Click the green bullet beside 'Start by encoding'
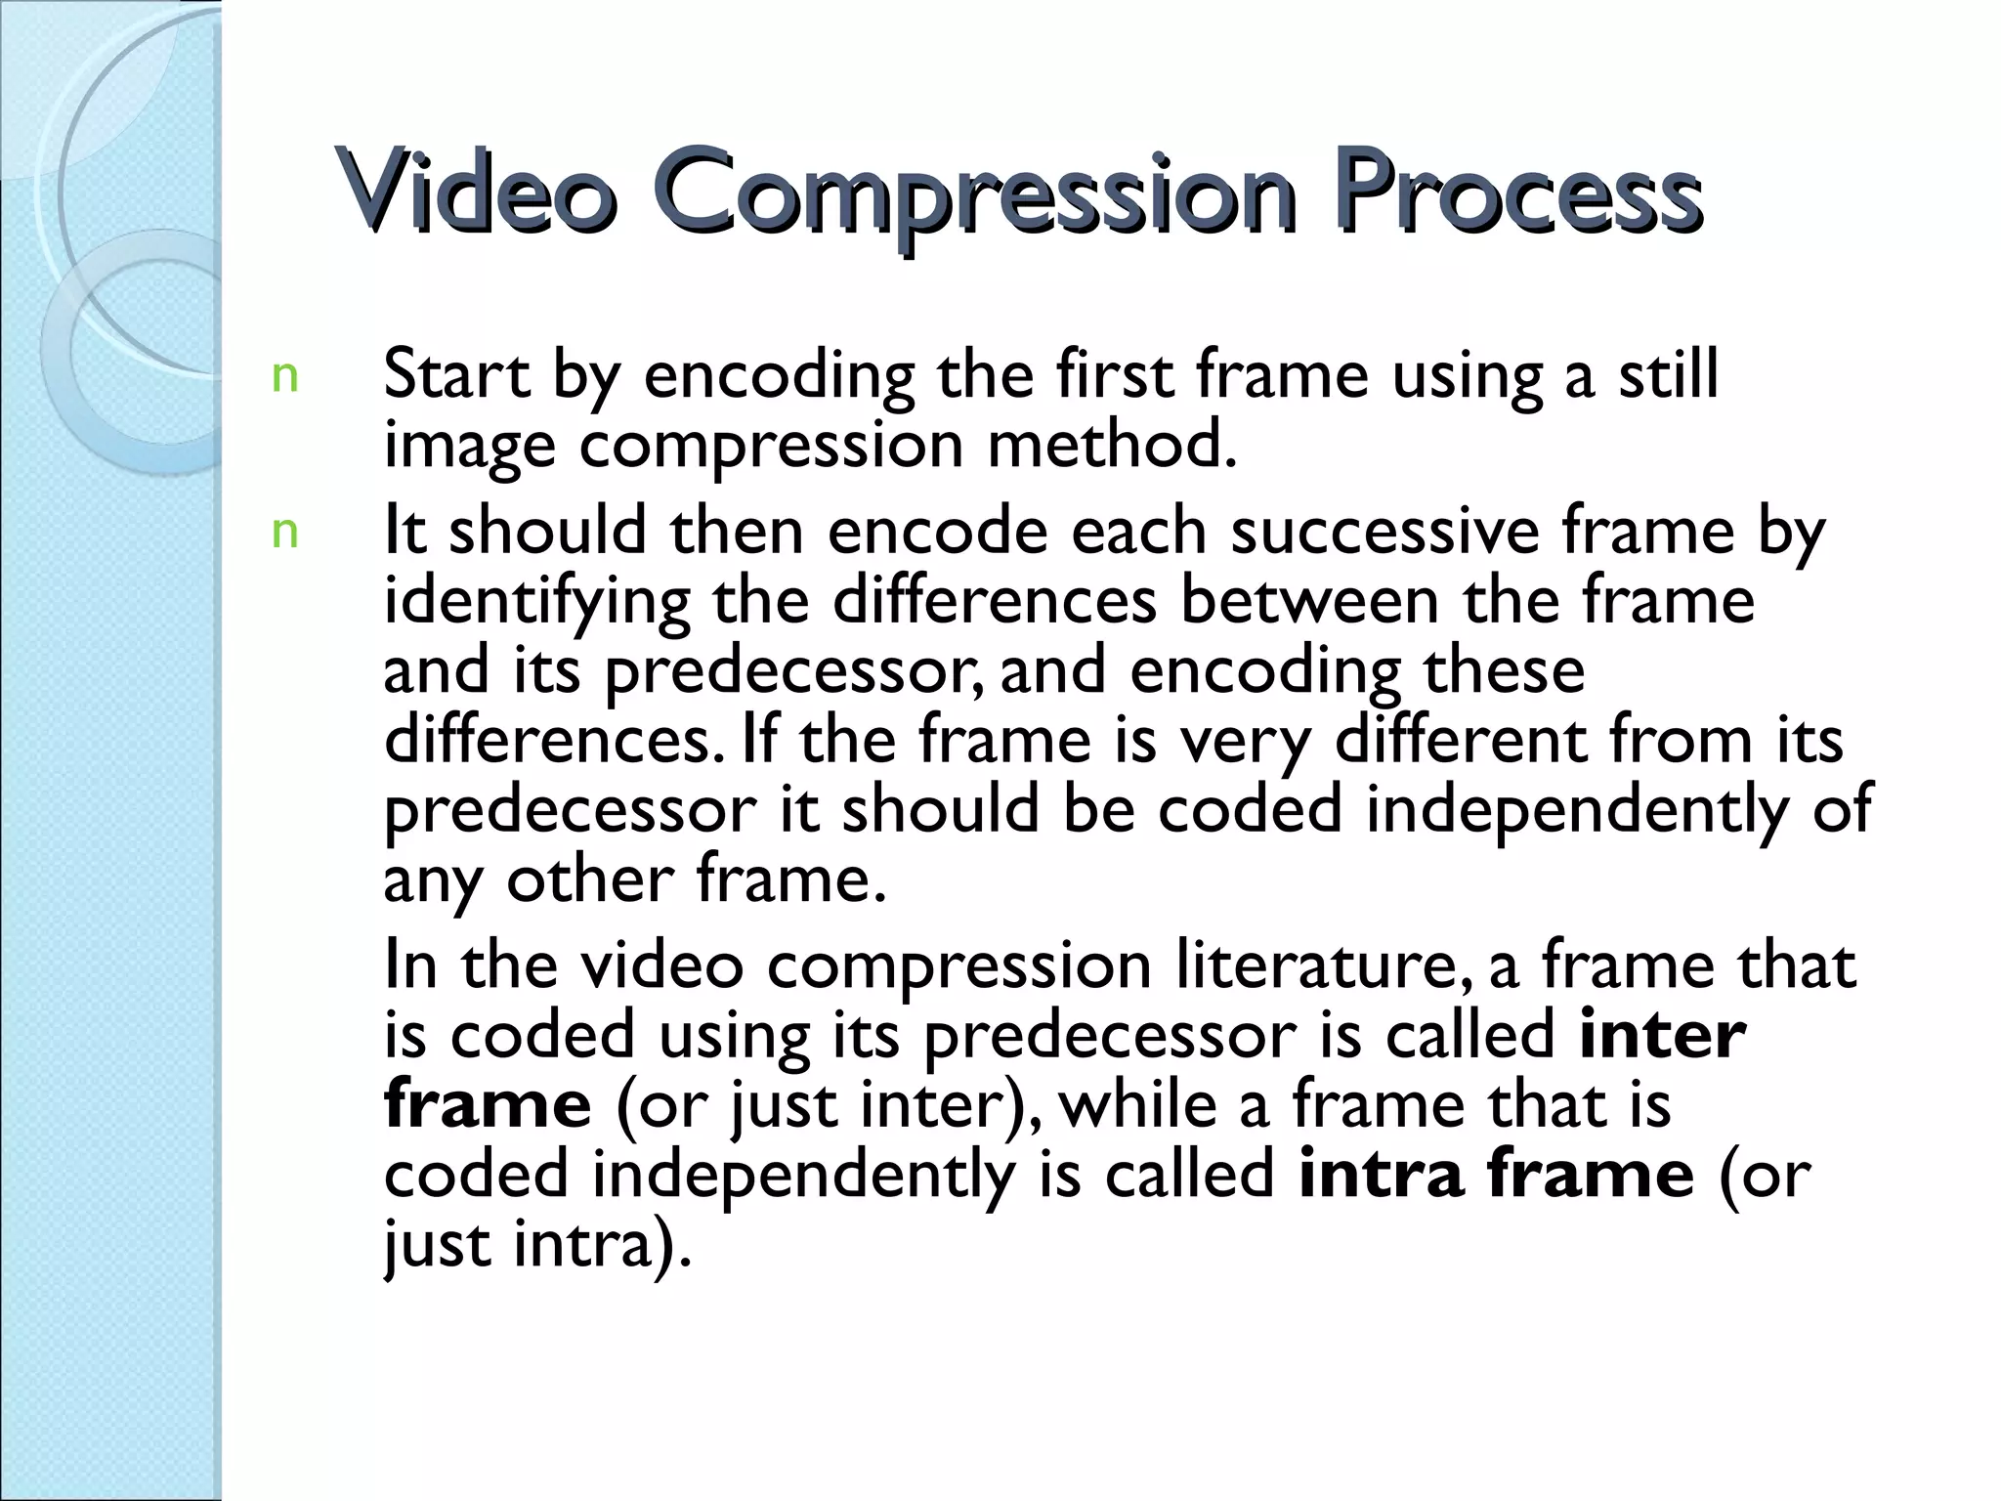tap(284, 377)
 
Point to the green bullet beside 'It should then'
tap(284, 533)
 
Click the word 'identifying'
tap(536, 602)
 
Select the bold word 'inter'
tap(1662, 1035)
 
